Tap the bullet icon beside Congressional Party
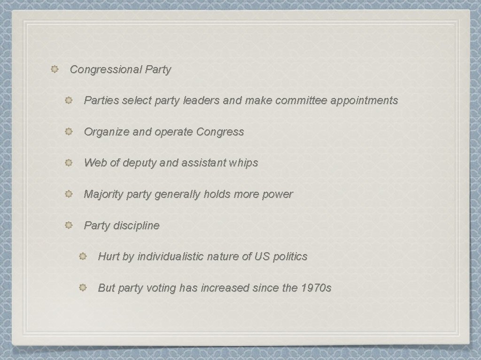pos(54,70)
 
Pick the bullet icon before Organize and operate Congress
pos(69,132)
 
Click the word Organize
pos(107,132)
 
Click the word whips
pos(243,163)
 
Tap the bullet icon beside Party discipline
pos(69,225)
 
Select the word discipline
pos(136,225)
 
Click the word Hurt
pos(108,256)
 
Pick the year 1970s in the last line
pos(316,288)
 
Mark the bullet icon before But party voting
pos(83,288)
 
